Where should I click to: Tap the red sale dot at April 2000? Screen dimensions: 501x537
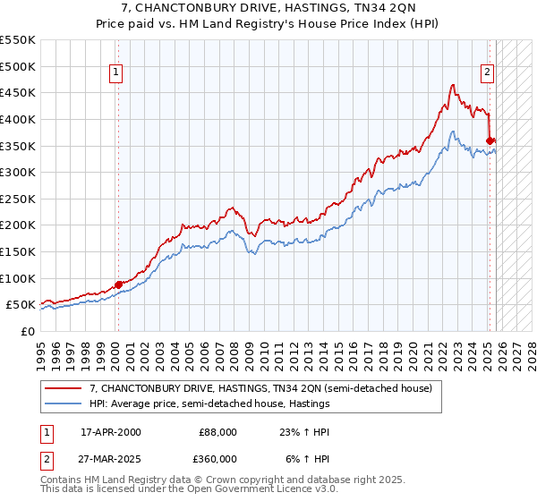tap(118, 284)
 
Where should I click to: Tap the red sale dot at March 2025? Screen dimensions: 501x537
tap(490, 140)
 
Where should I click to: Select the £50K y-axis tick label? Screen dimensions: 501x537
tap(21, 305)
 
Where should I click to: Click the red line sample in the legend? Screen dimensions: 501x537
tap(64, 388)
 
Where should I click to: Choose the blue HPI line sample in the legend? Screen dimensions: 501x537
tap(64, 403)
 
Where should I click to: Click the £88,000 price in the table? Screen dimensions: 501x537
tap(218, 431)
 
